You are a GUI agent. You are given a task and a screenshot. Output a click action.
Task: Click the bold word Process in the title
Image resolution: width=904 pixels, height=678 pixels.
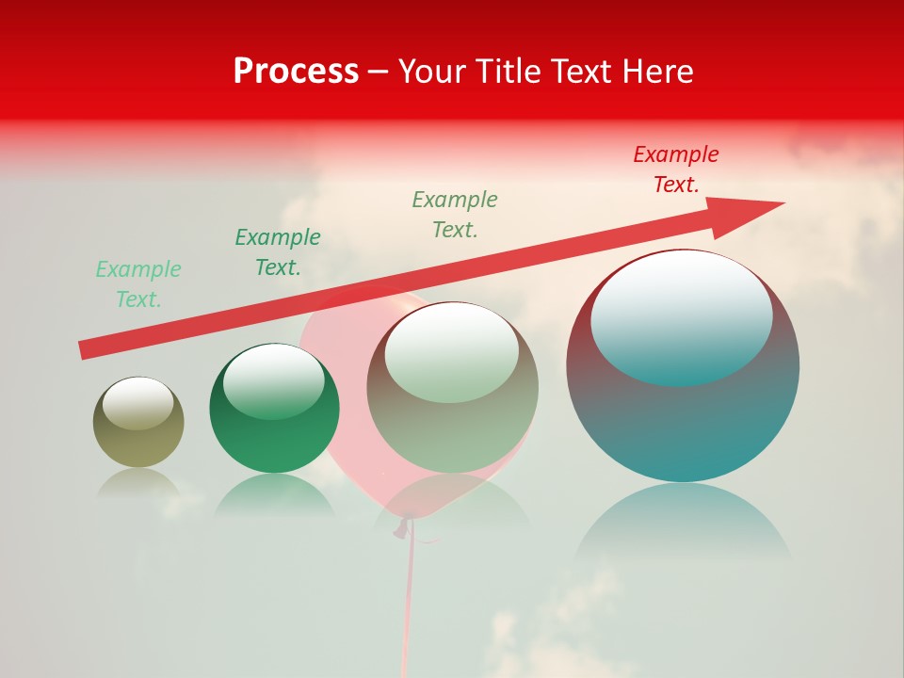296,72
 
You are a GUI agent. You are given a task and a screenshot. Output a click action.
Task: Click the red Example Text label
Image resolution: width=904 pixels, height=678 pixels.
676,169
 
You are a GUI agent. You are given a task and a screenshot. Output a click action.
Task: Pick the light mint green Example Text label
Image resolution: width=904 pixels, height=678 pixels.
138,284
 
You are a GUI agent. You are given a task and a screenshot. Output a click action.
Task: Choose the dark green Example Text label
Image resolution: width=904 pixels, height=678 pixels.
278,252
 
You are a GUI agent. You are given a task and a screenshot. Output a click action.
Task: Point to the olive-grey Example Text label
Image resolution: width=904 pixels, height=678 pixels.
455,215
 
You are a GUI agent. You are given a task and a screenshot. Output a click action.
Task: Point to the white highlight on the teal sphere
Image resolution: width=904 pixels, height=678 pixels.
682,315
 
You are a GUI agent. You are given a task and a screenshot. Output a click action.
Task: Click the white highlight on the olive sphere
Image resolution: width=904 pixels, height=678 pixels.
137,403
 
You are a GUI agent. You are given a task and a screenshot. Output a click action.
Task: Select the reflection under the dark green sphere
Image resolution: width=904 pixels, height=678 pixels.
274,494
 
